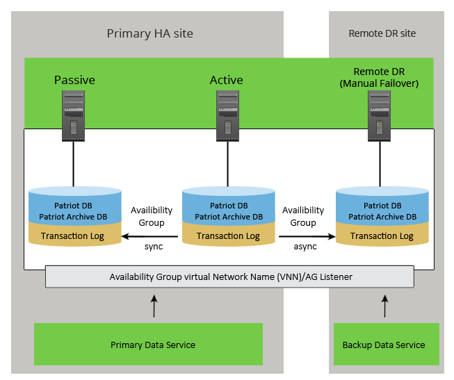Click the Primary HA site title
pyautogui.click(x=149, y=33)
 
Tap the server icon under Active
pyautogui.click(x=227, y=113)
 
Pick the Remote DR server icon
pyautogui.click(x=379, y=113)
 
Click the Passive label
pyautogui.click(x=74, y=80)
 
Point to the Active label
pyautogui.click(x=227, y=80)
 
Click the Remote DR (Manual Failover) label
pyautogui.click(x=380, y=77)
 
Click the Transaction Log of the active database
pyautogui.click(x=228, y=236)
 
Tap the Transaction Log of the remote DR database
pyautogui.click(x=382, y=236)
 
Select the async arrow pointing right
pyautogui.click(x=306, y=236)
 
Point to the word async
pyautogui.click(x=305, y=247)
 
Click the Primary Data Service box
pyautogui.click(x=153, y=345)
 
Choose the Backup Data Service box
pyautogui.click(x=383, y=345)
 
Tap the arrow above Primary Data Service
pyautogui.click(x=154, y=306)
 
